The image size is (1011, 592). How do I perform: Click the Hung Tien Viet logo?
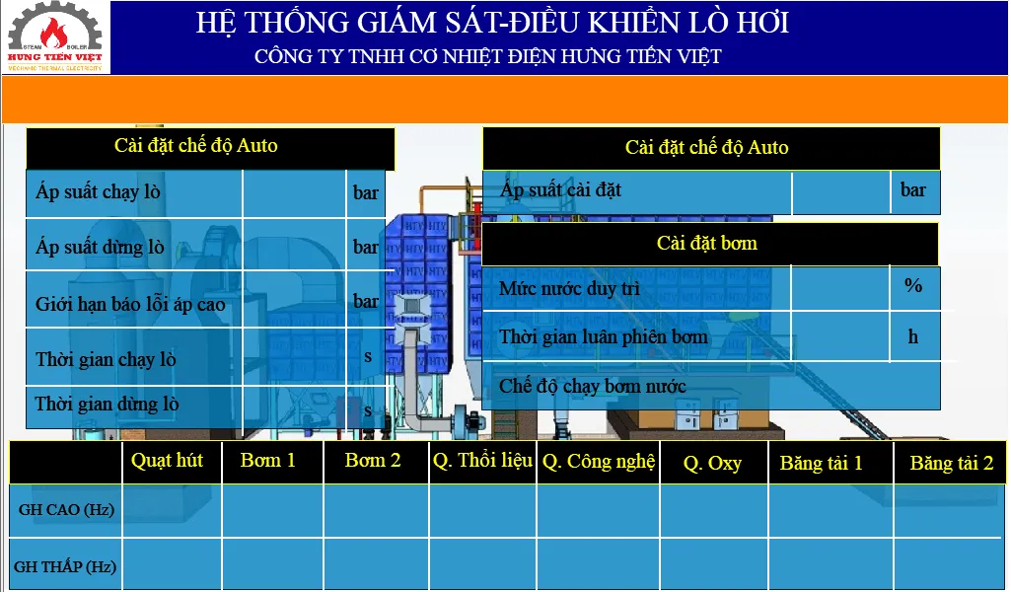click(x=55, y=37)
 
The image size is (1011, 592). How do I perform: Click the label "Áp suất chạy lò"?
click(x=98, y=191)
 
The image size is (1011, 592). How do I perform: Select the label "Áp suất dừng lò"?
click(x=100, y=247)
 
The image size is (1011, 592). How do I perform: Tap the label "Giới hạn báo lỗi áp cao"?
click(x=130, y=303)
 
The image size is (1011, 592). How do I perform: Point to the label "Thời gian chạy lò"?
click(x=106, y=358)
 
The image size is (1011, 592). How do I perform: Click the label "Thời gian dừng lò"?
click(x=108, y=404)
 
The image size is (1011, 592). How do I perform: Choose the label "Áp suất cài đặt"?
click(x=560, y=189)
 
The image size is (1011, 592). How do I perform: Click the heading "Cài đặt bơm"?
click(x=707, y=243)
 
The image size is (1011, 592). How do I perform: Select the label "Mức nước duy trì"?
click(x=569, y=288)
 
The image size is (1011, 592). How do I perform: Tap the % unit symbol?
click(x=913, y=285)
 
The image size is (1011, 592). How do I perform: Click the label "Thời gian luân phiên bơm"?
click(x=604, y=336)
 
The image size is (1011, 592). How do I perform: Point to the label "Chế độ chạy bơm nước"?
click(x=593, y=387)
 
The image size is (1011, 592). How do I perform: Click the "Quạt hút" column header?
click(x=167, y=460)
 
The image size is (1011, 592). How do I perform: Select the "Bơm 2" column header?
click(x=373, y=460)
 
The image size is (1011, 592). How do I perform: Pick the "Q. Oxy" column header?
click(x=712, y=463)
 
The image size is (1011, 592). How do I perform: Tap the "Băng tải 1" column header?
click(x=821, y=463)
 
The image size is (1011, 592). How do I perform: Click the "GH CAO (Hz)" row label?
click(x=66, y=509)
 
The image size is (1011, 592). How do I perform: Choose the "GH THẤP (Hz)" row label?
click(x=65, y=566)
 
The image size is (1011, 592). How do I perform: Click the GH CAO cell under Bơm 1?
click(x=273, y=511)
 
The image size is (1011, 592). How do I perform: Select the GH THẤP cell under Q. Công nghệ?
click(x=599, y=563)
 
